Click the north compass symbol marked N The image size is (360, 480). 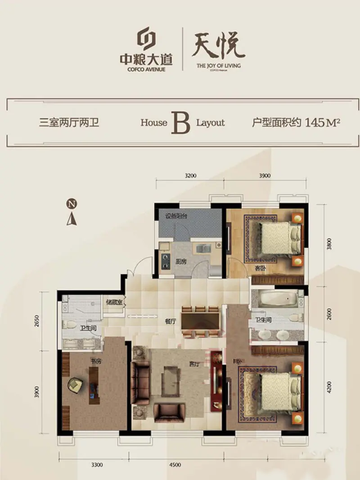pos(71,204)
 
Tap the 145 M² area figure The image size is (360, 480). pos(322,122)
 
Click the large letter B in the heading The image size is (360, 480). pos(181,123)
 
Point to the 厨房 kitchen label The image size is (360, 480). pos(181,261)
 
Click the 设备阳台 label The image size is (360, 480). pos(176,216)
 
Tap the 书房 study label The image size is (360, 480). pos(94,361)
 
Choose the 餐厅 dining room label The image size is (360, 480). pos(170,321)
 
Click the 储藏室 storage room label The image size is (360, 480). pos(114,302)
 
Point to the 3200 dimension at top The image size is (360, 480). pos(190,176)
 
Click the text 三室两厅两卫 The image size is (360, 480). pos(69,123)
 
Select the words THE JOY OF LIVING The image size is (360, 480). pos(219,66)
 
